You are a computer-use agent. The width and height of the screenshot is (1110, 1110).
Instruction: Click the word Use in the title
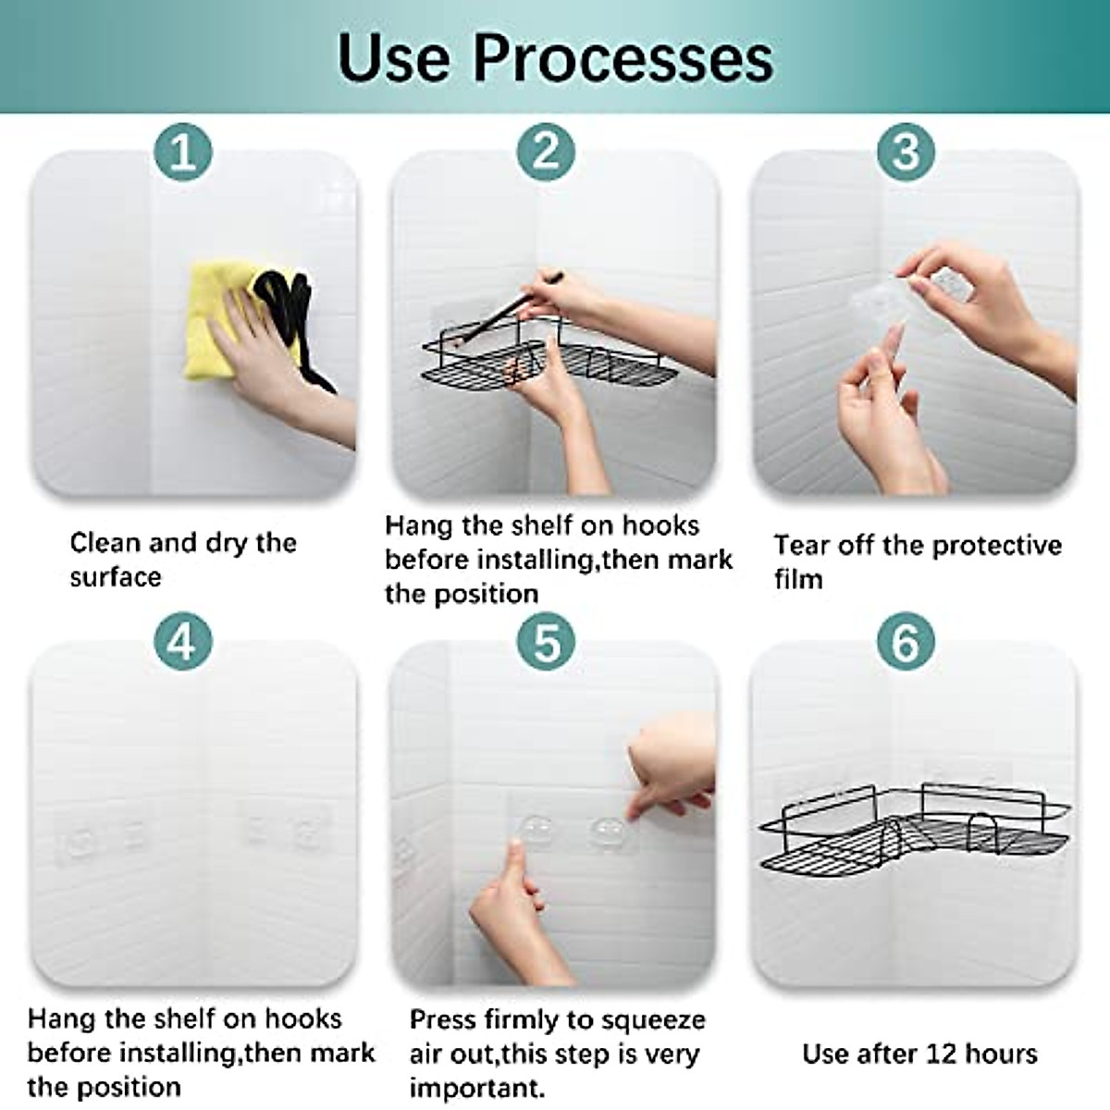click(393, 57)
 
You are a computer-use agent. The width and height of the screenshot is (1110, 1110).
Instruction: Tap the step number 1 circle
click(183, 152)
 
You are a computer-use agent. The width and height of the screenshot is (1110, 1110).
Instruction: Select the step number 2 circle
click(546, 152)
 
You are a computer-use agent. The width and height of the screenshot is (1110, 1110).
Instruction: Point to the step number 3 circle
click(906, 152)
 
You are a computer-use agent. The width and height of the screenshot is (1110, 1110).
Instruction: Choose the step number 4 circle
click(183, 641)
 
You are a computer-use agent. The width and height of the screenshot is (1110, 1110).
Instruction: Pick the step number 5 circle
click(546, 641)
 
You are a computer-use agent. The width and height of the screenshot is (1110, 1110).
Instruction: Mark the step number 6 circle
click(906, 641)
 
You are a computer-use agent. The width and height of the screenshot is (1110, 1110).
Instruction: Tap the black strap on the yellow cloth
click(294, 323)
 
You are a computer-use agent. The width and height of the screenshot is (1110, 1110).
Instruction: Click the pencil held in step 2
click(507, 310)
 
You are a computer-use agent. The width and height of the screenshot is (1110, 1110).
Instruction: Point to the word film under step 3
click(797, 579)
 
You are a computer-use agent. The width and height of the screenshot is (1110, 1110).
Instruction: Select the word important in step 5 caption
click(477, 1088)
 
